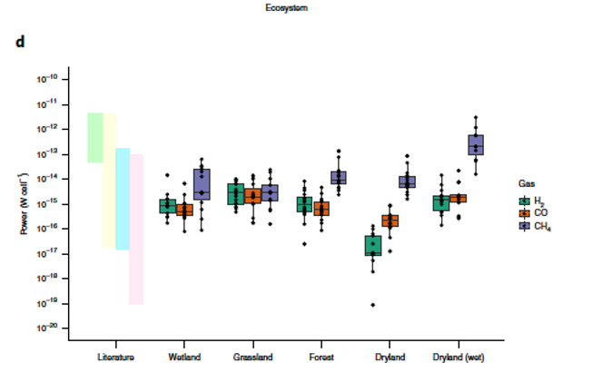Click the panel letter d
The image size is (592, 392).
[19, 43]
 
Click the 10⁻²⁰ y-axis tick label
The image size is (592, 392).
[47, 328]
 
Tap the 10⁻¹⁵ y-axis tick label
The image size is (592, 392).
[47, 203]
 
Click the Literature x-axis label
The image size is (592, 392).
[115, 357]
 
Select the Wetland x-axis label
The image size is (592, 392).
[184, 357]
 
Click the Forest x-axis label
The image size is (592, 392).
[321, 357]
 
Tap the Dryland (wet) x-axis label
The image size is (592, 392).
[459, 357]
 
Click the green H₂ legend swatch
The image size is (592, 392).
[524, 201]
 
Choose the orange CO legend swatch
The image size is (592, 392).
[524, 213]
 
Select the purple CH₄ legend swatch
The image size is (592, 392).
[524, 226]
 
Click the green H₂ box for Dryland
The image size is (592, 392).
[373, 245]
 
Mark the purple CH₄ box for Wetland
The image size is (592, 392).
[201, 185]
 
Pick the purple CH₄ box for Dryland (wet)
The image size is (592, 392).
[476, 144]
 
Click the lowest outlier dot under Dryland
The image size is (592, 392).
[373, 305]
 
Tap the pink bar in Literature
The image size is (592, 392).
[136, 229]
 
